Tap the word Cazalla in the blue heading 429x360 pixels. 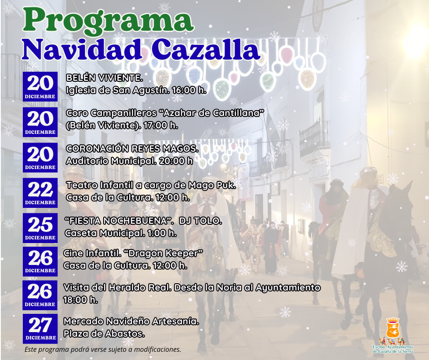point(205,49)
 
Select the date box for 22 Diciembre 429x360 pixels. point(40,193)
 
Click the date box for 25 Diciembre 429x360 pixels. point(40,228)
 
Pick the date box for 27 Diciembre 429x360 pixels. point(40,328)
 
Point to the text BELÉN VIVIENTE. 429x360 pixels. point(105,78)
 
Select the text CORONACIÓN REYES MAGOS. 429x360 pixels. point(132,148)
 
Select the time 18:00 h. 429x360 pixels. point(80,300)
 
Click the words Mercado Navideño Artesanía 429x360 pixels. point(131,321)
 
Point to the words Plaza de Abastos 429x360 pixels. point(104,334)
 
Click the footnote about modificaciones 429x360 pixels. point(103,349)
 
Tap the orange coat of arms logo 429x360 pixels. point(393,328)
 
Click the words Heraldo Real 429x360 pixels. point(140,287)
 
